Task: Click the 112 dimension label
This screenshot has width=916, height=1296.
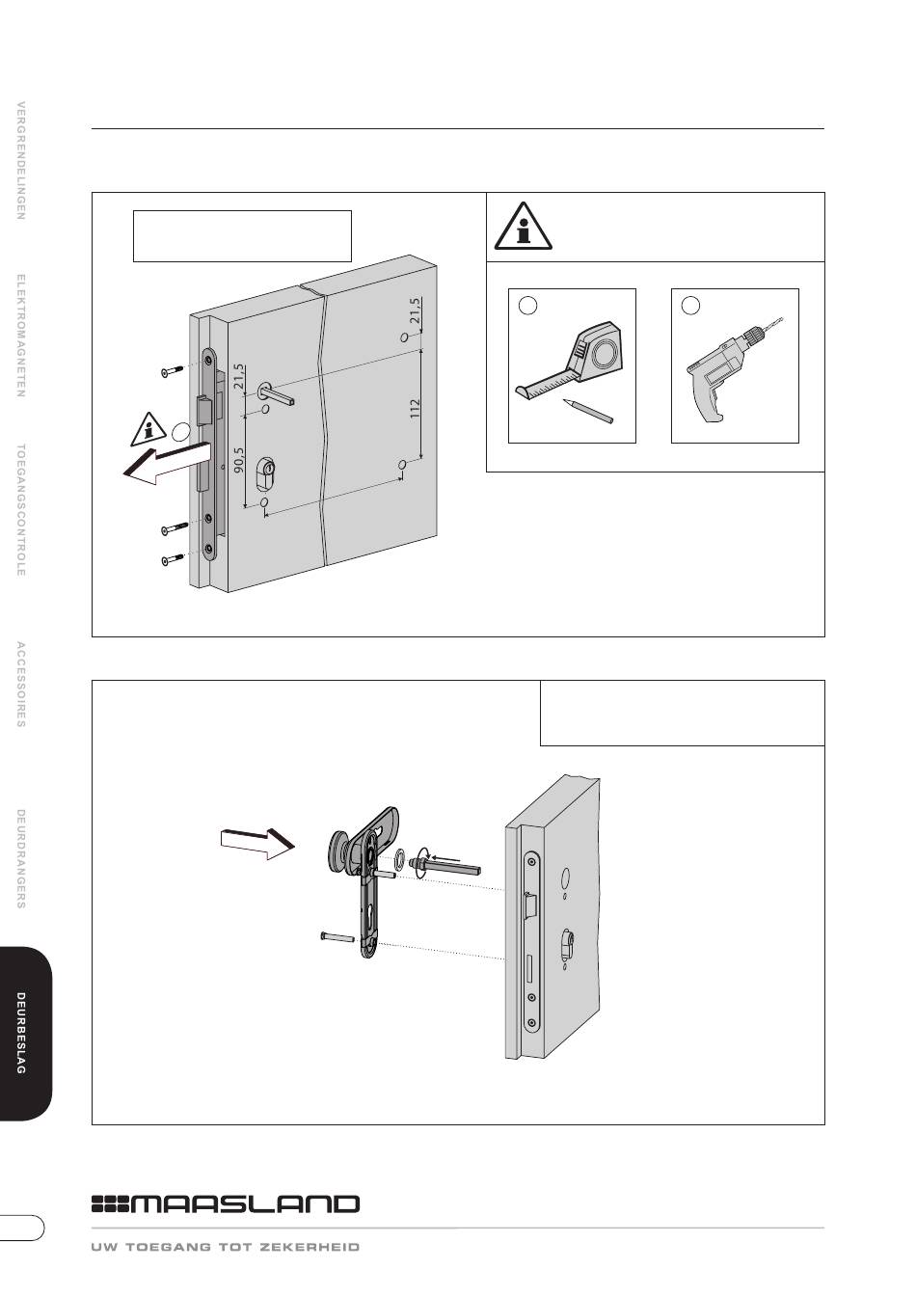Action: pos(415,410)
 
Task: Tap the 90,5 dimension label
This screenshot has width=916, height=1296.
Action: pos(239,460)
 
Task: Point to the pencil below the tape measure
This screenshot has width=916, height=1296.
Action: pos(587,412)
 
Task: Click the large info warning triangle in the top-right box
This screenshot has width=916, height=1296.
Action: pos(523,227)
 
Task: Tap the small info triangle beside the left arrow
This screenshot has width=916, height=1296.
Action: pos(149,429)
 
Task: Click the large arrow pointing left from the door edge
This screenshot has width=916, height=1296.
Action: pos(167,462)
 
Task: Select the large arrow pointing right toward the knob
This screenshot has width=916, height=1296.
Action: pos(257,843)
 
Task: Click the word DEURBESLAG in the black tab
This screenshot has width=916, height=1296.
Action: pos(21,1034)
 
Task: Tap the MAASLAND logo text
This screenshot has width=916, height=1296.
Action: pos(226,1204)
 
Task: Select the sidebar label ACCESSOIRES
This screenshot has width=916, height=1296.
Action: pos(21,684)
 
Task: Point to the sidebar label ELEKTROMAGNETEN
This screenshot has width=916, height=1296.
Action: pos(21,336)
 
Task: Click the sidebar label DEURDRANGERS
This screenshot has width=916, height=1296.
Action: pos(21,858)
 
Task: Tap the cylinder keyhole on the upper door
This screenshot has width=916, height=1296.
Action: pos(265,474)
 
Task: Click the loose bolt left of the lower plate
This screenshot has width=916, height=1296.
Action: pos(337,936)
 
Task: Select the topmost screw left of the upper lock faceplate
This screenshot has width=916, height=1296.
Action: pos(173,371)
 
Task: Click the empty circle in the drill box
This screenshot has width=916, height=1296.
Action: pos(690,306)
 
